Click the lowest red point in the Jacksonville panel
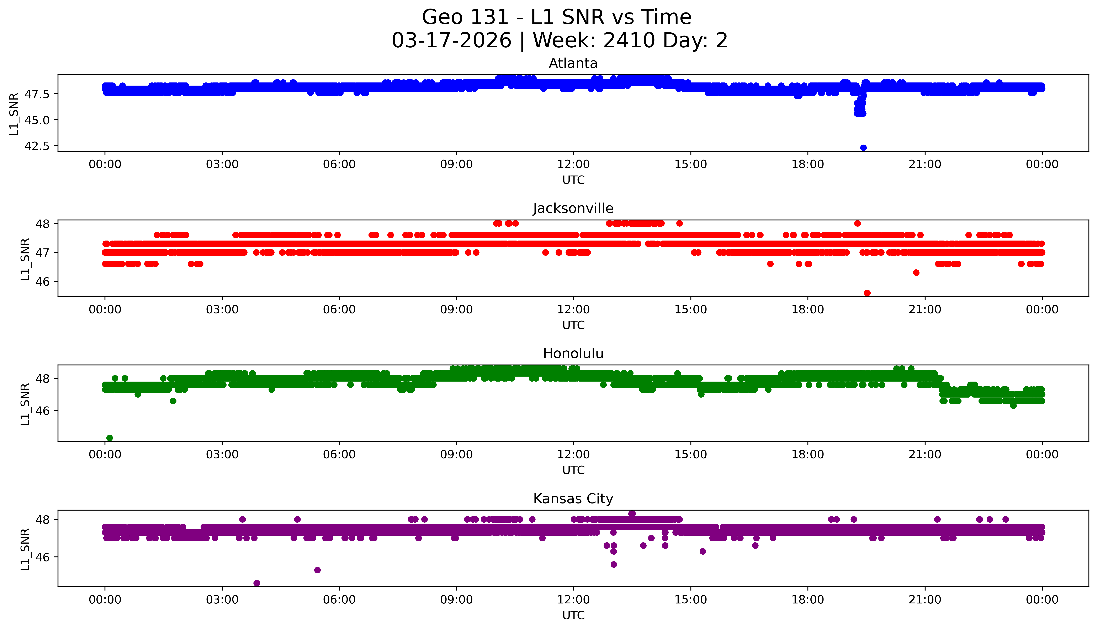867,293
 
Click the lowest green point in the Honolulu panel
110,438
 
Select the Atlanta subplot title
573,64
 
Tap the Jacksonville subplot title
573,209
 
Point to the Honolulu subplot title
573,354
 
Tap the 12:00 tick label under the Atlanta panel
573,165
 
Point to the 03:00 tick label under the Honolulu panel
222,454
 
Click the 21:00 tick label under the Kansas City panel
925,600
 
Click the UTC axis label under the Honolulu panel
573,470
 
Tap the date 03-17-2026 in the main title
451,41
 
